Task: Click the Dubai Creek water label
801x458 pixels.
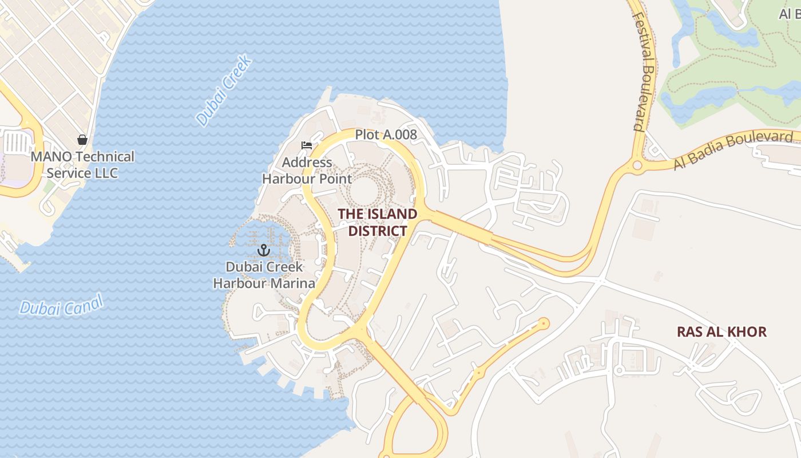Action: pyautogui.click(x=224, y=90)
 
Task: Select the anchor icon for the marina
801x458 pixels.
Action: pyautogui.click(x=263, y=250)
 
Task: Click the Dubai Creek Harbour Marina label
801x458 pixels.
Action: pyautogui.click(x=264, y=275)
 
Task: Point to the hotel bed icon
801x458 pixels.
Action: pyautogui.click(x=307, y=145)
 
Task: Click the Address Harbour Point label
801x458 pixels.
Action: pyautogui.click(x=307, y=171)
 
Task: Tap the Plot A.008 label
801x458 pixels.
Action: pyautogui.click(x=386, y=135)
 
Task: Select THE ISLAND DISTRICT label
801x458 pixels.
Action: pyautogui.click(x=377, y=222)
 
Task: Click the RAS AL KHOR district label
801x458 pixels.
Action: pyautogui.click(x=721, y=331)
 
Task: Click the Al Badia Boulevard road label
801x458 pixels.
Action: pyautogui.click(x=734, y=151)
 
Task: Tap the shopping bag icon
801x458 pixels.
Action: pyautogui.click(x=82, y=139)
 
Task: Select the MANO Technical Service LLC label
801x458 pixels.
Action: pyautogui.click(x=82, y=164)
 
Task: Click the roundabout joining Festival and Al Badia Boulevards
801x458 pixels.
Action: pyautogui.click(x=637, y=166)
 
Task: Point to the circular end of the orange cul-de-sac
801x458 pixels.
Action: pyautogui.click(x=543, y=324)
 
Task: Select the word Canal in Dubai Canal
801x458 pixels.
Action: pyautogui.click(x=84, y=302)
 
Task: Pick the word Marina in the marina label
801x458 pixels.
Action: pyautogui.click(x=294, y=283)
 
